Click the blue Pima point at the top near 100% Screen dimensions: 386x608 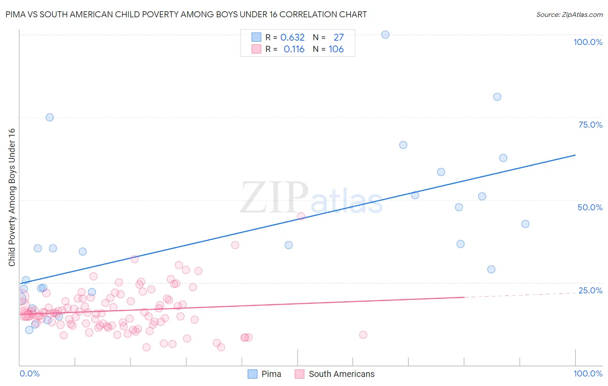pyautogui.click(x=385, y=35)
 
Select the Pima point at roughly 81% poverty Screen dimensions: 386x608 pyautogui.click(x=497, y=97)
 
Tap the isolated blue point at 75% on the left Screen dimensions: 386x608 pyautogui.click(x=50, y=117)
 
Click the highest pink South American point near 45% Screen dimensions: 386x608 pyautogui.click(x=301, y=216)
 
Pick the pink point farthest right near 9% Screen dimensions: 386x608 pyautogui.click(x=363, y=335)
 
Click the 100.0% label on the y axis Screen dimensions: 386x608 pyautogui.click(x=588, y=42)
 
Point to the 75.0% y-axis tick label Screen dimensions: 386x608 pyautogui.click(x=590, y=125)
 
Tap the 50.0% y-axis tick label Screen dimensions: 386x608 pyautogui.click(x=590, y=207)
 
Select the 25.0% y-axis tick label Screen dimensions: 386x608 pyautogui.click(x=590, y=290)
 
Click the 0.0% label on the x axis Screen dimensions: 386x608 pyautogui.click(x=29, y=373)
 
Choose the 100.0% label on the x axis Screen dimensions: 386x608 pyautogui.click(x=588, y=373)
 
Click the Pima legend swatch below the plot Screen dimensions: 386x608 pyautogui.click(x=253, y=374)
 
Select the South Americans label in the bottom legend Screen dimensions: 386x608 pyautogui.click(x=342, y=374)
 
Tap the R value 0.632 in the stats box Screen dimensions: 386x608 pyautogui.click(x=292, y=38)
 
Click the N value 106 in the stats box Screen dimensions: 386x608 pyautogui.click(x=336, y=49)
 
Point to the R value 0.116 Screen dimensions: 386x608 pyautogui.click(x=294, y=49)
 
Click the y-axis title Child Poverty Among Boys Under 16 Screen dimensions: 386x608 pyautogui.click(x=12, y=197)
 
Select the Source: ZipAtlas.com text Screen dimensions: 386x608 pyautogui.click(x=569, y=15)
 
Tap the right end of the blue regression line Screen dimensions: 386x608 pyautogui.click(x=575, y=155)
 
